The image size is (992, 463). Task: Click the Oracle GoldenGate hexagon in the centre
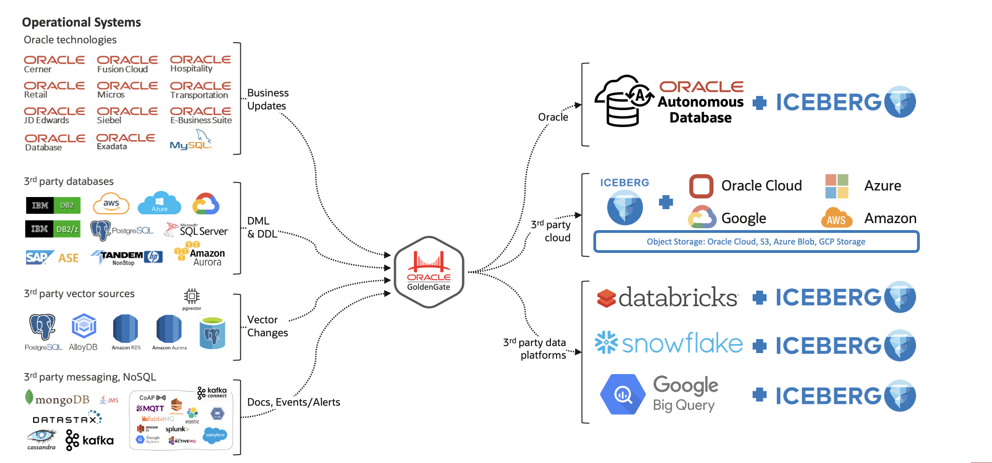point(428,272)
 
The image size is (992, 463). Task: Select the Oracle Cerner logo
point(54,64)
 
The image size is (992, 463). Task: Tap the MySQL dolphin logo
point(191,141)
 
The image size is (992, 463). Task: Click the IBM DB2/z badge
point(53,229)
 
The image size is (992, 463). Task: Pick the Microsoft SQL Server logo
point(197,230)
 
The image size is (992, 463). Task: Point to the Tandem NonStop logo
point(126,257)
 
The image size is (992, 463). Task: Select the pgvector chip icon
point(191,296)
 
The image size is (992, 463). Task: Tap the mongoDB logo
point(57,399)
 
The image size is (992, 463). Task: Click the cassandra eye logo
point(41,439)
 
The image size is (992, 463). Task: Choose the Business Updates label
point(268,99)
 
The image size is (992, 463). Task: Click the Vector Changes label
point(267,326)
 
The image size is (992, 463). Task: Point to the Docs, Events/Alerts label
point(293,402)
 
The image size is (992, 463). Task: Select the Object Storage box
point(756,242)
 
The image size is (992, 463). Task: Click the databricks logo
point(667,298)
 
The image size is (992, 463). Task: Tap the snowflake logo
point(669,343)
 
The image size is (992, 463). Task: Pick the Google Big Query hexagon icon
point(623,395)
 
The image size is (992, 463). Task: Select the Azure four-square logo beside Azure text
point(836,186)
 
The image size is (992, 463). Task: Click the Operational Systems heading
point(82,22)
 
